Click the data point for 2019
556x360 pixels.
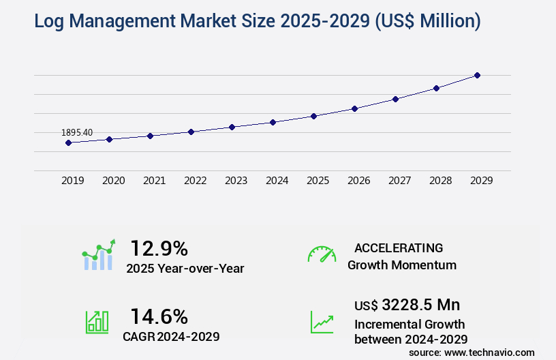(x=68, y=142)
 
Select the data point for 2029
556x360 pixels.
(x=477, y=75)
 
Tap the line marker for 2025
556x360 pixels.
(x=313, y=116)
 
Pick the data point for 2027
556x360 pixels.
(x=395, y=99)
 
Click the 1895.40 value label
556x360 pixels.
(x=77, y=132)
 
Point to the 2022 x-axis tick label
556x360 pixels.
(x=195, y=181)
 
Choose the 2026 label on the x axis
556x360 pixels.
(x=358, y=181)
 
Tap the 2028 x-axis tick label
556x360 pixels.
(x=440, y=181)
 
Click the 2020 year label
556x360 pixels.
(x=113, y=181)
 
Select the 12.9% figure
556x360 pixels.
(x=159, y=248)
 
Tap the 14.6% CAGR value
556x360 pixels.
(x=159, y=316)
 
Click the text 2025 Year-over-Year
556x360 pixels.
(x=185, y=269)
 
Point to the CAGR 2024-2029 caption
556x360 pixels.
(x=171, y=336)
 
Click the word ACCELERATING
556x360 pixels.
(x=399, y=247)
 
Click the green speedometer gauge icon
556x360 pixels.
(x=322, y=254)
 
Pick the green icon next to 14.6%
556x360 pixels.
(x=96, y=322)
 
